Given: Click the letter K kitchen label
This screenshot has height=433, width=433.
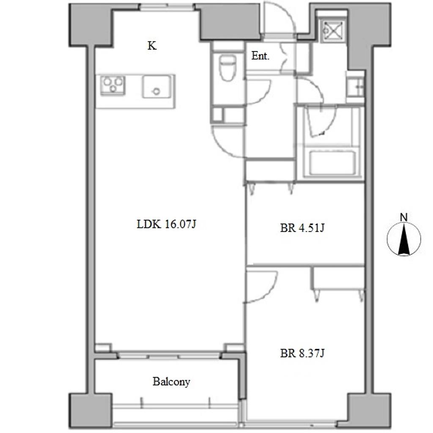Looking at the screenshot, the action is (x=152, y=46).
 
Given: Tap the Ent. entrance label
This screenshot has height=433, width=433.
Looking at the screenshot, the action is (x=260, y=56).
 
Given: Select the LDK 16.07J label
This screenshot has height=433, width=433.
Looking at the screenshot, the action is (x=166, y=224).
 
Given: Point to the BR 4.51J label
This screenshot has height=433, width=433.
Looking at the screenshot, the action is (x=302, y=228).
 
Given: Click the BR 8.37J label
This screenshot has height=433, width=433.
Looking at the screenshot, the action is (x=302, y=353).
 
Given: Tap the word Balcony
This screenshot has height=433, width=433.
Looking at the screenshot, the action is (x=171, y=382).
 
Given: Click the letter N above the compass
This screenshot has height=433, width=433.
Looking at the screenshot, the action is (x=404, y=218).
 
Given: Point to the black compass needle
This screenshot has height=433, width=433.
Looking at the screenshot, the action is (x=404, y=239).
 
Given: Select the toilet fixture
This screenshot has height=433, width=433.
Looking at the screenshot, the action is (x=227, y=68).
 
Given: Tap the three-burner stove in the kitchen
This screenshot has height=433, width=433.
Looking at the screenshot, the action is (x=112, y=85).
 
